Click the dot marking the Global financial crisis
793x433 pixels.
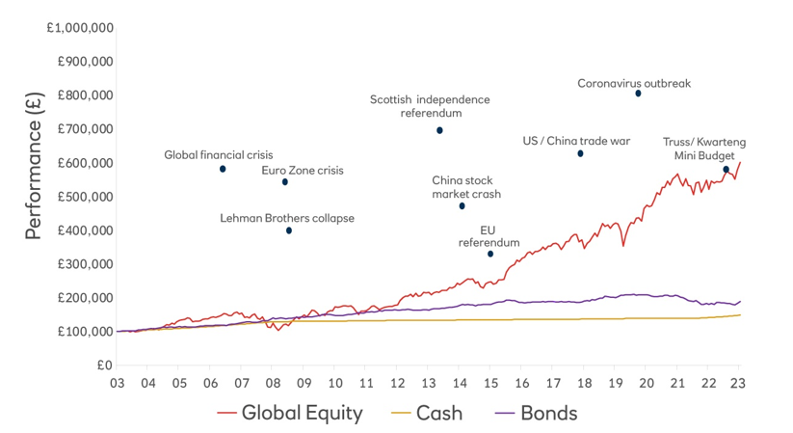[x=223, y=169]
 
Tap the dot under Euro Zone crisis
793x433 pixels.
[x=285, y=182]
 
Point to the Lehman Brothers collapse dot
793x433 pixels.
[x=289, y=231]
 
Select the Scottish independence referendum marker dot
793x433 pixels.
[x=439, y=130]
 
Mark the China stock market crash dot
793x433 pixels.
[x=462, y=206]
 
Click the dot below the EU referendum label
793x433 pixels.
[x=490, y=254]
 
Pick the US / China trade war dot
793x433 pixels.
[x=580, y=153]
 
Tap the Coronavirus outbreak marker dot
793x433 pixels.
[x=638, y=94]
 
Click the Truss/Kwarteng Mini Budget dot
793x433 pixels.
[x=727, y=170]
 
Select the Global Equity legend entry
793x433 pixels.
[x=290, y=414]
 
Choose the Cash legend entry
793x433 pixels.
[x=428, y=414]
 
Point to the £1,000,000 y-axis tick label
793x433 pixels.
[x=82, y=28]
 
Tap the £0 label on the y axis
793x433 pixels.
[x=104, y=365]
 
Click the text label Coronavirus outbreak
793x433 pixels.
[x=634, y=83]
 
